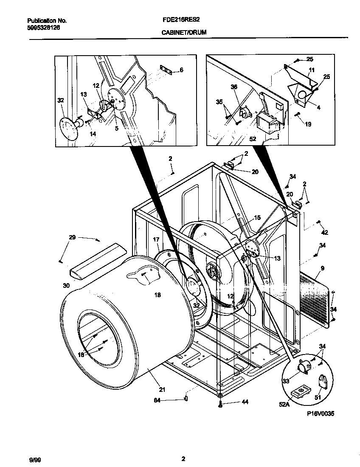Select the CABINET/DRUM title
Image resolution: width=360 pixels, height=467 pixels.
tap(184, 32)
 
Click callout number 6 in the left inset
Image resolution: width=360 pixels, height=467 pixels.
tap(182, 70)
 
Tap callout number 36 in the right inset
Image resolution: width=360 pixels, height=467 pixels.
tap(234, 87)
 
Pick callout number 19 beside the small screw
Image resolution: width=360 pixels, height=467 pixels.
tap(308, 124)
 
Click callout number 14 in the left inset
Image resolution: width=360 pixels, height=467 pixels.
tap(93, 134)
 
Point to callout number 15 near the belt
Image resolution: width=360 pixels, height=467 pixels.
tap(257, 218)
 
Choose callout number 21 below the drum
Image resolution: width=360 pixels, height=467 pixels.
tap(162, 389)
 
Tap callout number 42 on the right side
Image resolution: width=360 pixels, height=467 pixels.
tap(324, 233)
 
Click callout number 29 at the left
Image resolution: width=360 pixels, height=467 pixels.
tap(72, 237)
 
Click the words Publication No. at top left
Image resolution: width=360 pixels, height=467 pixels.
tap(47, 20)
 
